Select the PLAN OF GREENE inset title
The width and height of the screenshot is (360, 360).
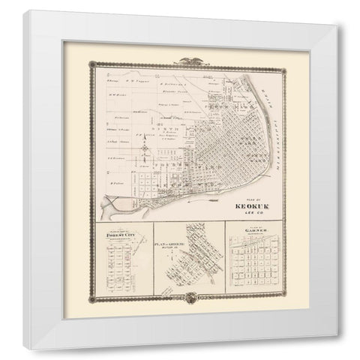pos(169,244)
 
